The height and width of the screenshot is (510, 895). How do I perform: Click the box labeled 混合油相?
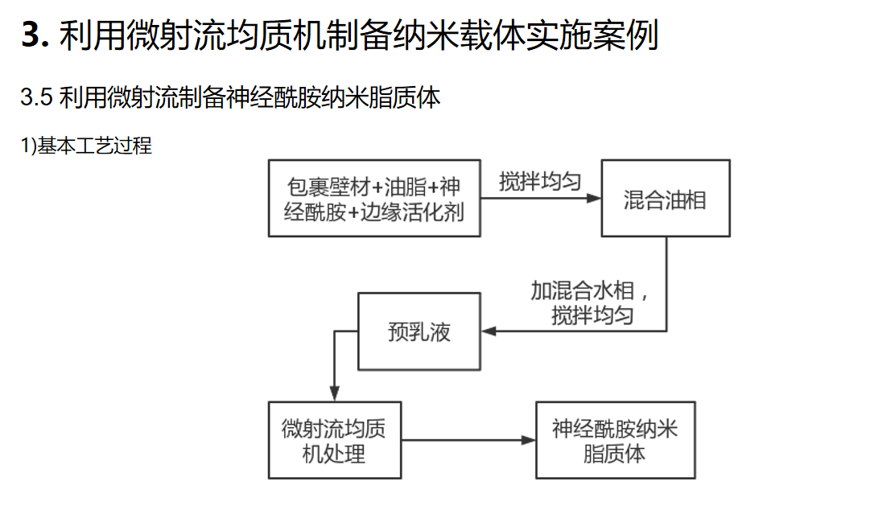pos(666,198)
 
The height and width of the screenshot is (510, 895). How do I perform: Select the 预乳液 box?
pos(419,331)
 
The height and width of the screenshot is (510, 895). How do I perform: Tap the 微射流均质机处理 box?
pos(335,440)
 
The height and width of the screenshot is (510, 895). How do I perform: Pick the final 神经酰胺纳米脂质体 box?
pos(615,440)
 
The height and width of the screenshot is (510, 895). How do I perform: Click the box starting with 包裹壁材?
pos(374,198)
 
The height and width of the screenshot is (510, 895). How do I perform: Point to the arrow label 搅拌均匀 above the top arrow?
pos(540,182)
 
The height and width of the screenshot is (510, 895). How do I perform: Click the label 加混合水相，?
pos(590,290)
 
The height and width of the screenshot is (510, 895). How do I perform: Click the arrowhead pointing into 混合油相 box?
pos(594,198)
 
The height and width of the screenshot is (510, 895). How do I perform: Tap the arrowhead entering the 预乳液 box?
pos(489,331)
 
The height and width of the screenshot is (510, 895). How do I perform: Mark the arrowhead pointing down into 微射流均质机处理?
pos(335,393)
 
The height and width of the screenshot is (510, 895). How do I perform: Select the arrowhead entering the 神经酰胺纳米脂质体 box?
pos(528,440)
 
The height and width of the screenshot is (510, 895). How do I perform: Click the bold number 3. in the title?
pos(35,35)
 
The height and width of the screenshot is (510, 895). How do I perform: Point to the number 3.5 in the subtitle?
pos(36,97)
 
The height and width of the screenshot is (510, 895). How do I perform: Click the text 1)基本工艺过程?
pos(86,146)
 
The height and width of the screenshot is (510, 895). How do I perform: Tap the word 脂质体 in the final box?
pos(614,454)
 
